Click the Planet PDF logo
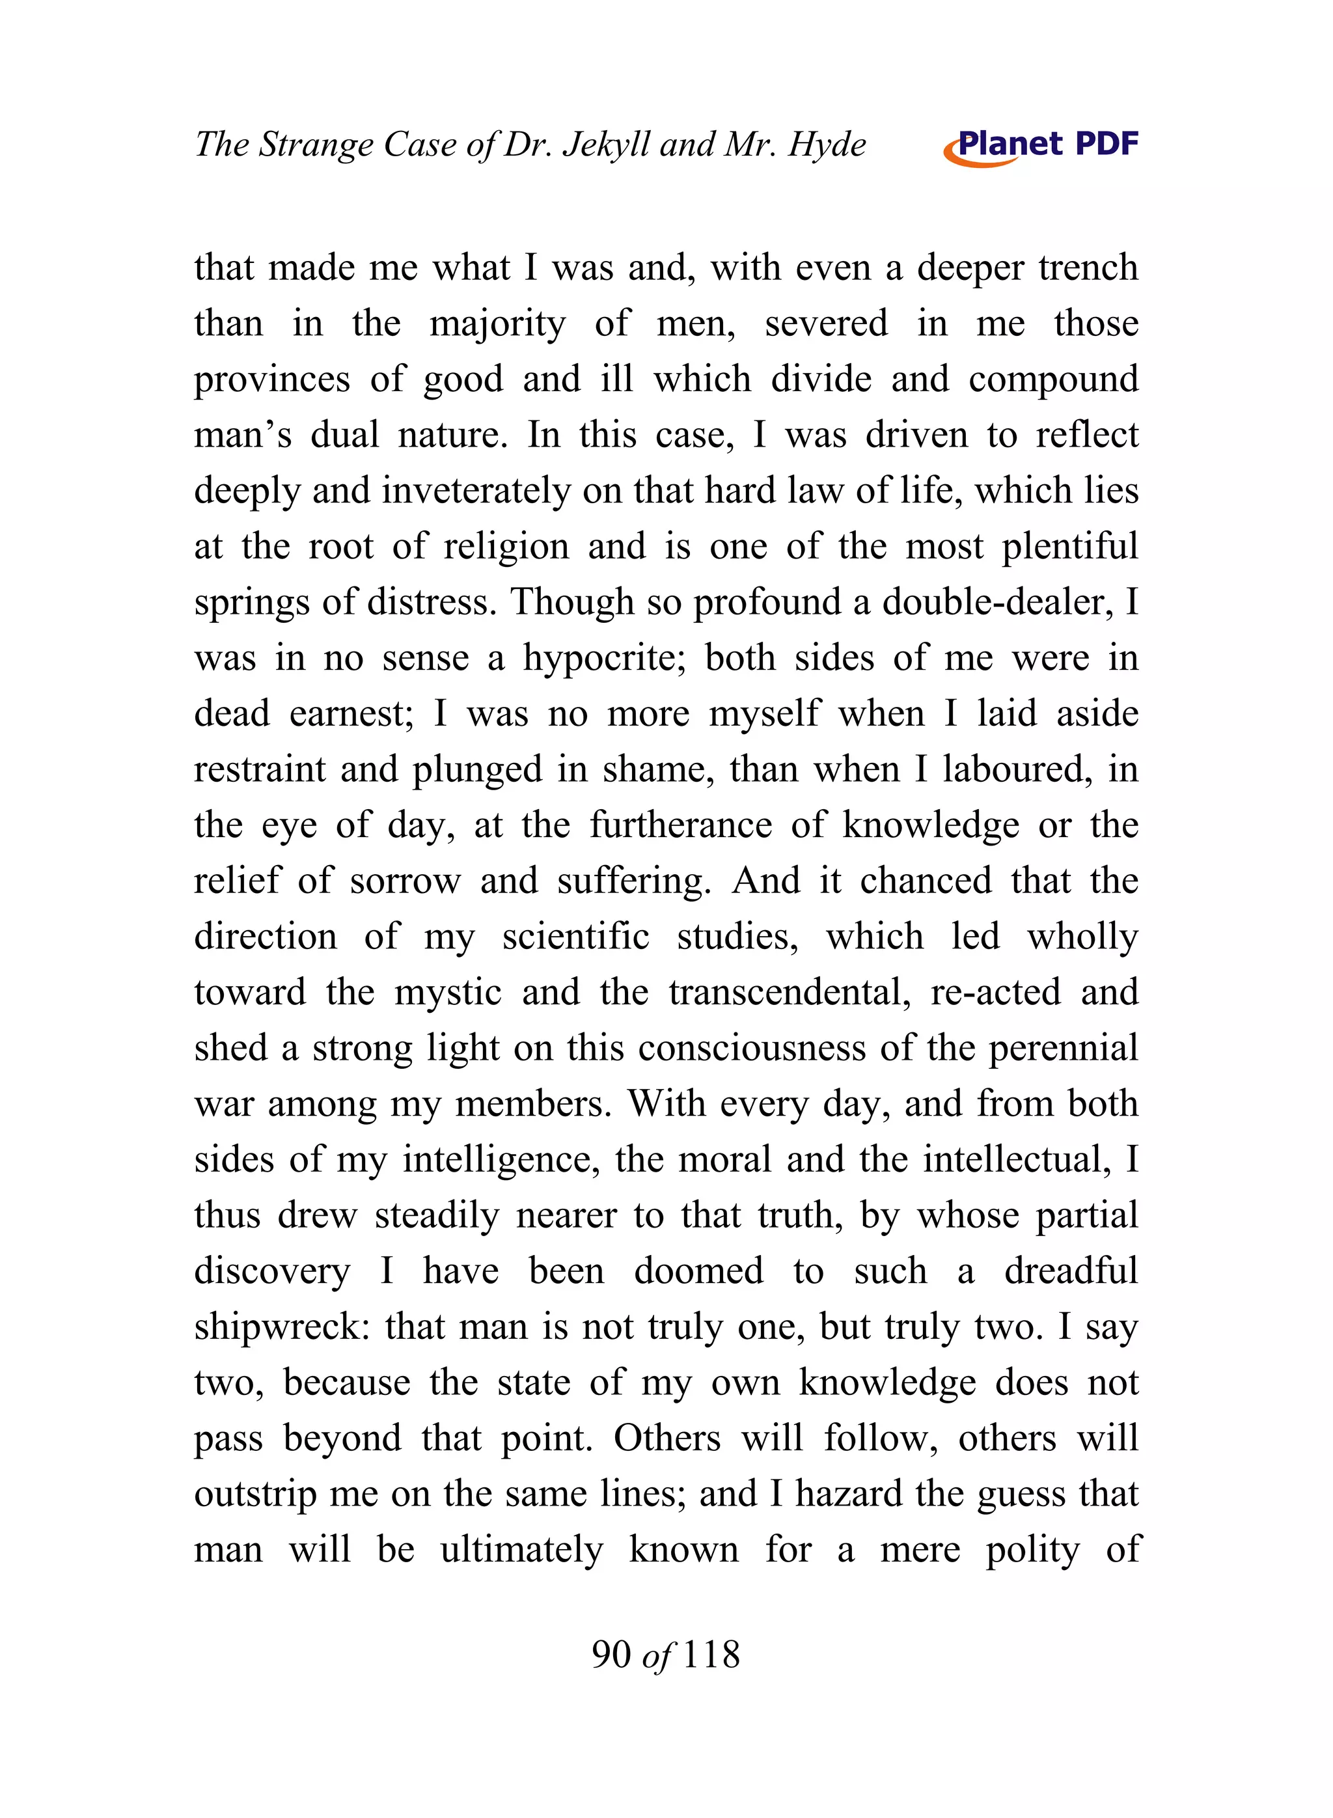1041,146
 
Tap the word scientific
575,937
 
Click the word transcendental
789,993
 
